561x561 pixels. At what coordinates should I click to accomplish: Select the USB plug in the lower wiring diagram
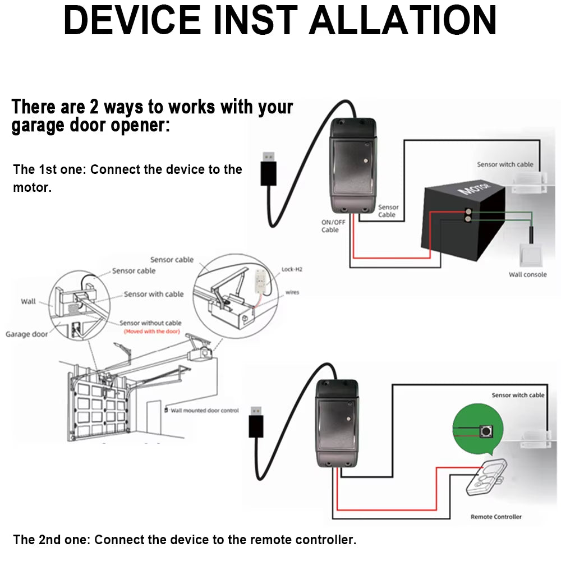click(256, 421)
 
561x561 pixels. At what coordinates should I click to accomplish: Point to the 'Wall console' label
click(527, 274)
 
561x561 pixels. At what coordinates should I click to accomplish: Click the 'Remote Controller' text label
click(496, 517)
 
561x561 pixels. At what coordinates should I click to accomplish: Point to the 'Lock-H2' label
click(292, 269)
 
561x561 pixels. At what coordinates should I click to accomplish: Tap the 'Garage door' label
click(27, 334)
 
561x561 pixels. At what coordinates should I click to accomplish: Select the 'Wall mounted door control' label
click(205, 411)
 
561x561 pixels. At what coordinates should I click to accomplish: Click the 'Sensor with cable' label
click(154, 294)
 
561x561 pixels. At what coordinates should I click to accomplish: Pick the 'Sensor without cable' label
click(150, 323)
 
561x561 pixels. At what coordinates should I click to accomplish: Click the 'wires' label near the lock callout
click(292, 292)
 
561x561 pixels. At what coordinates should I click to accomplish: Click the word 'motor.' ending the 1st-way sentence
click(32, 188)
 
